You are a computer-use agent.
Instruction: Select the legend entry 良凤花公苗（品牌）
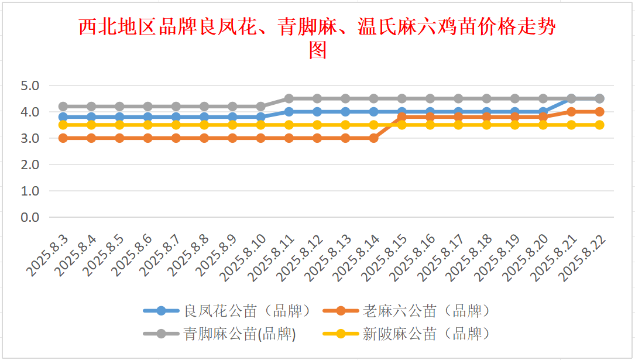[x=246, y=310]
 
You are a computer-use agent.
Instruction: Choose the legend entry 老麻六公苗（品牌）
[x=425, y=310]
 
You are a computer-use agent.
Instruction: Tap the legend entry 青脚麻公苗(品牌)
[x=239, y=334]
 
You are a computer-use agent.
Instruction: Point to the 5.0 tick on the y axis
[x=29, y=85]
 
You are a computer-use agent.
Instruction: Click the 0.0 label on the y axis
[x=29, y=217]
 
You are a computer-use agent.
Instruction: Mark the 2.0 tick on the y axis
[x=29, y=164]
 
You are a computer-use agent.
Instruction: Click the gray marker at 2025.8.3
[x=63, y=107]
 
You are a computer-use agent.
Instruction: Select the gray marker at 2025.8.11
[x=289, y=98]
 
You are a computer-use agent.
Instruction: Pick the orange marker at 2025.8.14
[x=373, y=138]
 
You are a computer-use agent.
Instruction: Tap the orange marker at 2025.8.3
[x=63, y=138]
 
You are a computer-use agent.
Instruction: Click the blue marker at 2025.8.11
[x=289, y=112]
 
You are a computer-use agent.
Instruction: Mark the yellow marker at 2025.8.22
[x=599, y=125]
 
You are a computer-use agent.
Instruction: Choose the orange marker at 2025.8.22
[x=599, y=112]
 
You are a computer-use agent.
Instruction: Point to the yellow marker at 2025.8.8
[x=204, y=125]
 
